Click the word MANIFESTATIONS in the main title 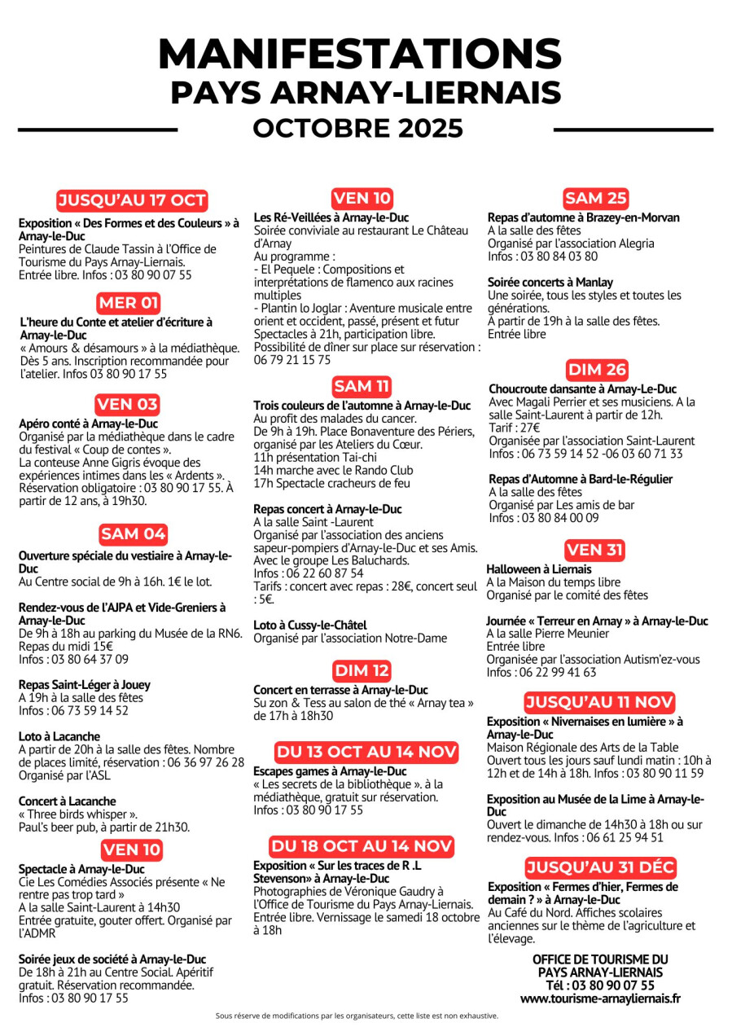coord(359,55)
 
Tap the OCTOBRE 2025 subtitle coord(357,129)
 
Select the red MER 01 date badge coord(129,304)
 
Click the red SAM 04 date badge coord(133,534)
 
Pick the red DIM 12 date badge coord(362,671)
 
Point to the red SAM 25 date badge coord(595,198)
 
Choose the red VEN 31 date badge coord(594,551)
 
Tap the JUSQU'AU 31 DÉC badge coord(600,867)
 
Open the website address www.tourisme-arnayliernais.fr coord(600,998)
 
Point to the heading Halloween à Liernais coord(539,569)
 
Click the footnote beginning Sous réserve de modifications coord(357,1016)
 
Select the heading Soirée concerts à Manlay coord(550,282)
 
